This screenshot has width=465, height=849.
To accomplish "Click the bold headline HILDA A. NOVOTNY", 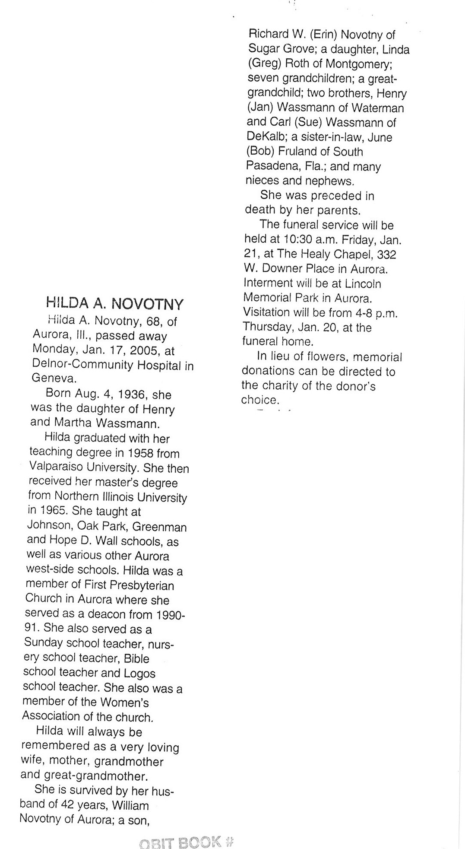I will tap(115, 304).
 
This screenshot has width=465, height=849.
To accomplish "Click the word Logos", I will tap(139, 673).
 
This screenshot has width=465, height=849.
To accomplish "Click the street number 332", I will tap(386, 254).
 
